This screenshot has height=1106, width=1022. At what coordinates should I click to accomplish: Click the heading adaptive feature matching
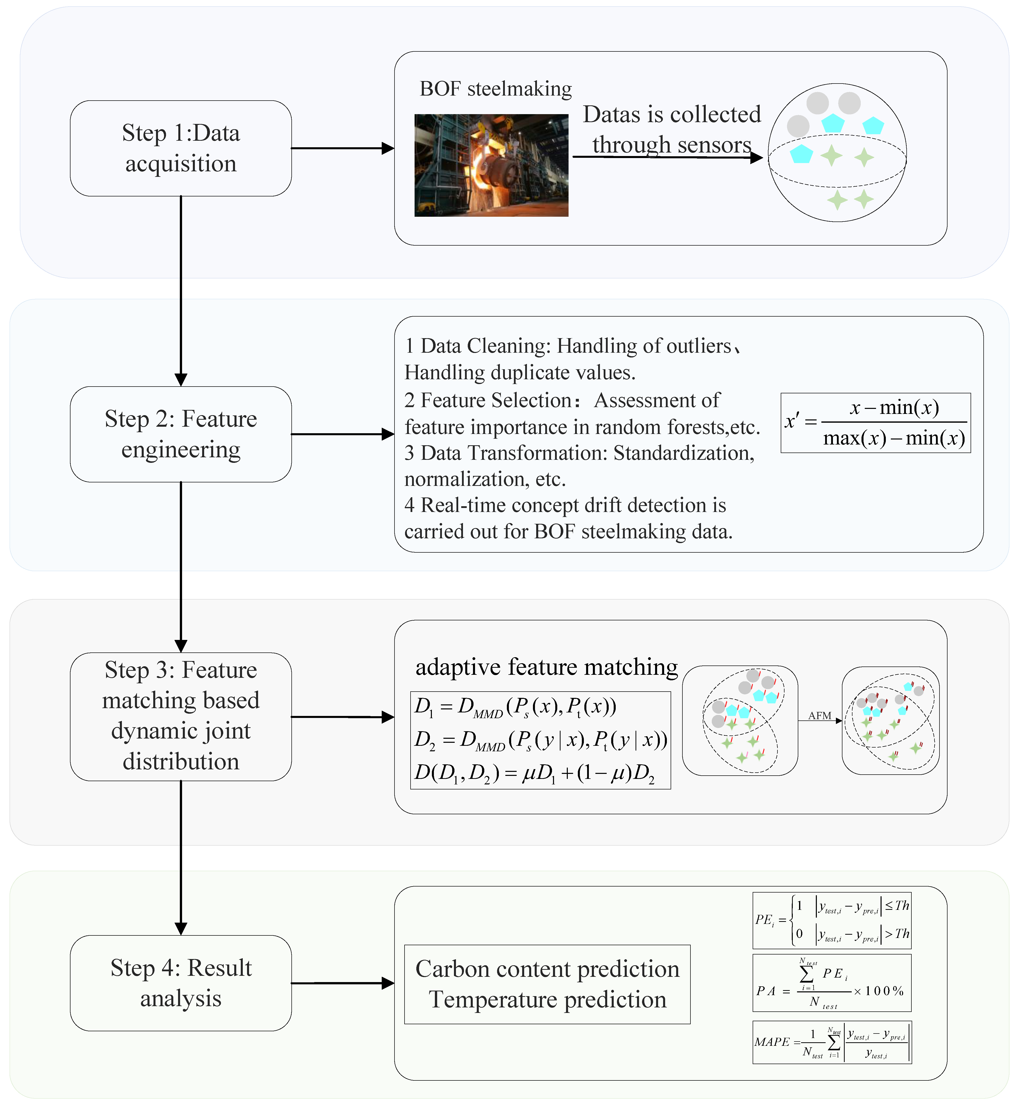[x=546, y=667]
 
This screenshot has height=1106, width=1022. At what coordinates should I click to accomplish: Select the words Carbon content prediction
[x=547, y=969]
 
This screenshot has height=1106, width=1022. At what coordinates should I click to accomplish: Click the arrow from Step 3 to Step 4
[x=181, y=857]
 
